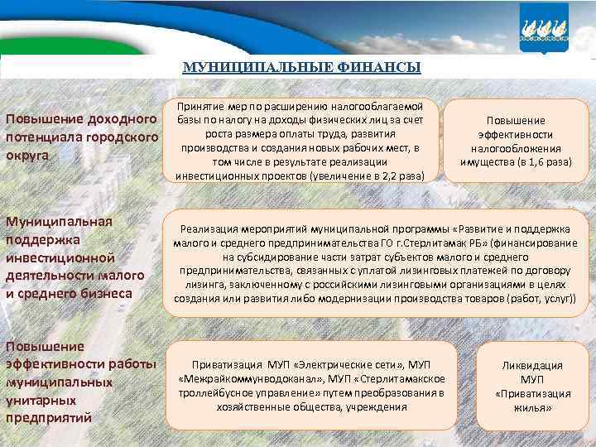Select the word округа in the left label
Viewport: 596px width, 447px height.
pos(27,155)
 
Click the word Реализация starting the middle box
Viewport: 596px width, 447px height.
pos(209,228)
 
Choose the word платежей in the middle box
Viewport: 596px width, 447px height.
pos(481,270)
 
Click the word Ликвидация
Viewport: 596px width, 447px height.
pos(532,365)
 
